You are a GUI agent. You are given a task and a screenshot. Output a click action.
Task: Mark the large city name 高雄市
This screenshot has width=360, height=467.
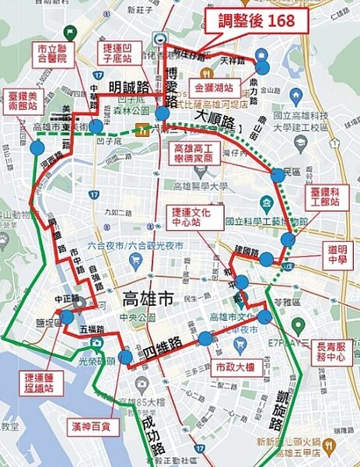pyautogui.click(x=152, y=298)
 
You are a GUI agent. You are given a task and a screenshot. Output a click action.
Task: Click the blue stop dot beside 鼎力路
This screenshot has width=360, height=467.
pyautogui.click(x=262, y=68)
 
